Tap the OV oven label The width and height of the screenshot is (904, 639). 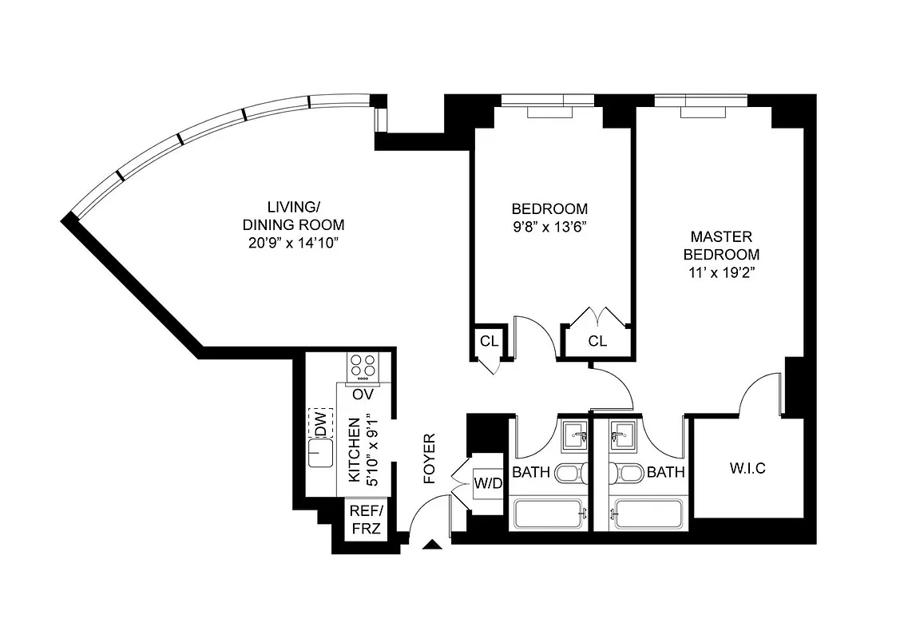[x=363, y=395]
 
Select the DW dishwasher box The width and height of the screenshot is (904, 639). [x=321, y=423]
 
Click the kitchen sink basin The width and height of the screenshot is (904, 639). [x=321, y=455]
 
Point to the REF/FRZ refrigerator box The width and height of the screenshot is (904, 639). [x=366, y=520]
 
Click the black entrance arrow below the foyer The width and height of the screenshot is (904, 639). [x=431, y=546]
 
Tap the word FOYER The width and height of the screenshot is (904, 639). [x=429, y=458]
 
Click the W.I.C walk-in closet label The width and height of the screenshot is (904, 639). [x=747, y=468]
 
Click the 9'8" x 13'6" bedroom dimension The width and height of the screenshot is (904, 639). [x=549, y=226]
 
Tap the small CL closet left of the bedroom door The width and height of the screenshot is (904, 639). [x=489, y=341]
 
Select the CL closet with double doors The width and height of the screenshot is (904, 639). [x=597, y=341]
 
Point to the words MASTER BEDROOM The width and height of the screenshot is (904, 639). [x=721, y=245]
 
